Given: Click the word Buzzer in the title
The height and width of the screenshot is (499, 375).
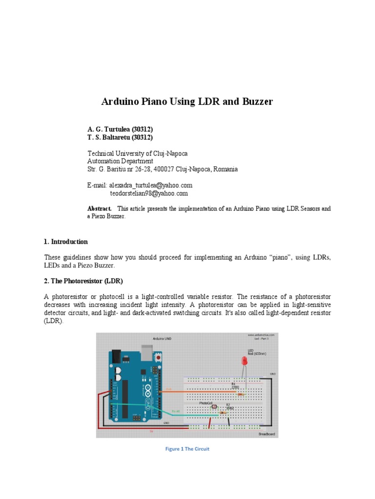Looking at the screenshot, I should point(255,102).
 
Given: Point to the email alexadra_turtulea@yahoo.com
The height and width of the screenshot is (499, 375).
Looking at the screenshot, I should point(150,185).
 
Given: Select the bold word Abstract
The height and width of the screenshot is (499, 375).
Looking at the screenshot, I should point(99,209).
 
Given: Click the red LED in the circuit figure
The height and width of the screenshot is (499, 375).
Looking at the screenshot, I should point(244,361).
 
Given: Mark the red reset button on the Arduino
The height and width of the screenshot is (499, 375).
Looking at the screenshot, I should point(158,358).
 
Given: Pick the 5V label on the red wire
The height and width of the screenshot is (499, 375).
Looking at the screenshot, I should point(151,431).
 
